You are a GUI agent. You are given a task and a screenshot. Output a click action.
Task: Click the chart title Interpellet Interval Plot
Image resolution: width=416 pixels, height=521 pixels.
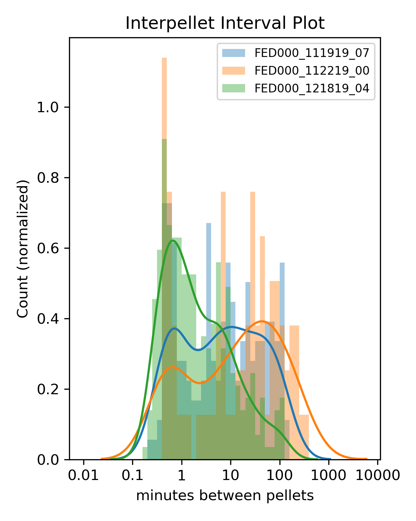coord(225,24)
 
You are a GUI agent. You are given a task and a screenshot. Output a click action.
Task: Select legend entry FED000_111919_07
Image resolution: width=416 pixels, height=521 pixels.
coord(312,53)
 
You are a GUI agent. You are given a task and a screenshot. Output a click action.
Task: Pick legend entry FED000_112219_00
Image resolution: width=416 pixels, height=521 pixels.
coord(312,71)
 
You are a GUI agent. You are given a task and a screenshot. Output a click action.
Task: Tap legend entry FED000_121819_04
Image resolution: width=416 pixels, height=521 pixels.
coord(312,88)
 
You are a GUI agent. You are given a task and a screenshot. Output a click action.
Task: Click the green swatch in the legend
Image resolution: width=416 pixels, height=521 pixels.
coord(233,88)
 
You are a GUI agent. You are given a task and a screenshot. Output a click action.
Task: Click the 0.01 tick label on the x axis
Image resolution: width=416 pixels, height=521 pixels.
coord(83,475)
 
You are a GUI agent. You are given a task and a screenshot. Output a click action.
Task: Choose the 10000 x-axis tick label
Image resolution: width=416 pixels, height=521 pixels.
coord(378,475)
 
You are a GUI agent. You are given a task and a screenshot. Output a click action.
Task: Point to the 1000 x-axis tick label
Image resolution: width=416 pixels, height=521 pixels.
coord(329,475)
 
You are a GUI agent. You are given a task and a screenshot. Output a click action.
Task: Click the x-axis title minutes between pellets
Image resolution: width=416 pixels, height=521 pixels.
coord(225,496)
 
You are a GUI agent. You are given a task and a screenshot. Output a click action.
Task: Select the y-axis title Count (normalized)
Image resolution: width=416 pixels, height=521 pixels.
coord(23,248)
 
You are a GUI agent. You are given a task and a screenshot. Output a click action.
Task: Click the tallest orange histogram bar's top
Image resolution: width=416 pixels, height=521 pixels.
coord(164,58)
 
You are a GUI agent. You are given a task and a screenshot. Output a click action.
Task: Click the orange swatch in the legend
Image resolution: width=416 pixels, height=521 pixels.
coord(233,71)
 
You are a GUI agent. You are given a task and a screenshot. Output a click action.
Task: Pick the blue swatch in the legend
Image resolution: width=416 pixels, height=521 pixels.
coord(233,53)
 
